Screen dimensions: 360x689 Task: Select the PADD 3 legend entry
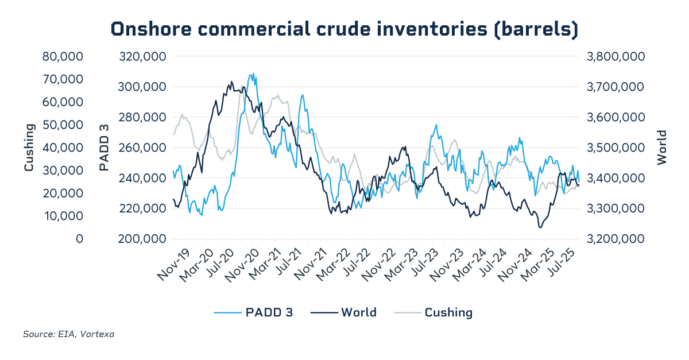click(254, 312)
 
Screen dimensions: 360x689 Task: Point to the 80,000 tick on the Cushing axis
click(63, 57)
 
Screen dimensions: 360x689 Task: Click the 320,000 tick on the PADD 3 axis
click(142, 57)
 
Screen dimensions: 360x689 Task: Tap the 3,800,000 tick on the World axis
click(614, 57)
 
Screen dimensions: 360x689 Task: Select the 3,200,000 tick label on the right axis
click(614, 239)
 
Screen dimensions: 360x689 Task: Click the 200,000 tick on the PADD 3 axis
click(142, 239)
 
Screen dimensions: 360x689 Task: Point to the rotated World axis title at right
click(662, 148)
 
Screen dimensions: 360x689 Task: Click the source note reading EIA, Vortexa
click(68, 334)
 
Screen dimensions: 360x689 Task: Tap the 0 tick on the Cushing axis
click(80, 239)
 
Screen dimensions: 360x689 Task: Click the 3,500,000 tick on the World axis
click(614, 148)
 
